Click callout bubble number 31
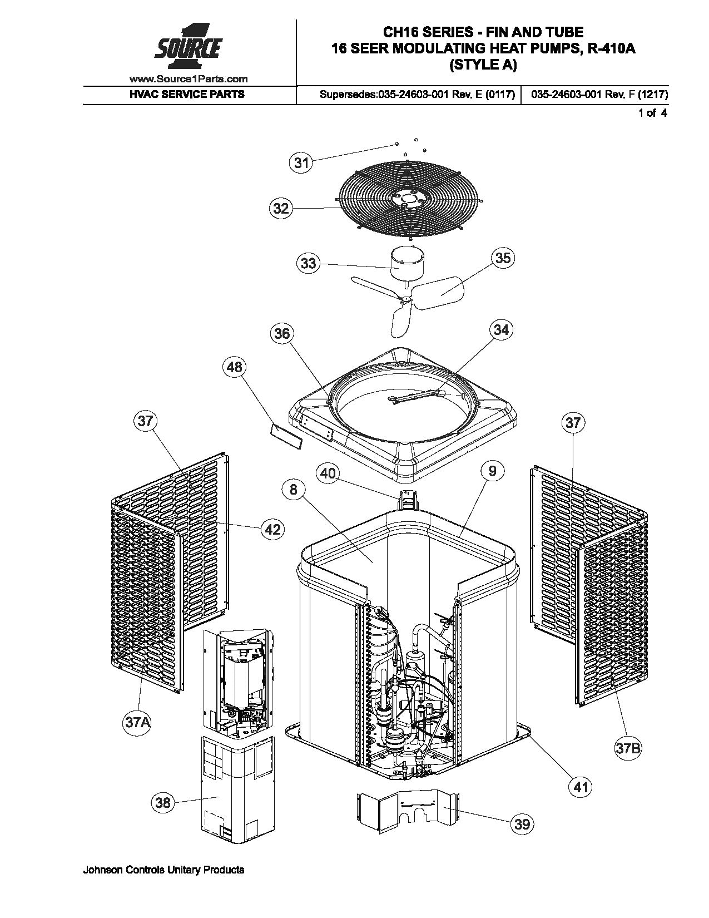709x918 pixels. point(301,163)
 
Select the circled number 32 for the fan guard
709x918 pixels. point(281,209)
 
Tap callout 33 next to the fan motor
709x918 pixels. point(308,263)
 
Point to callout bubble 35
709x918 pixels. point(502,258)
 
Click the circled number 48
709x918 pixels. point(235,367)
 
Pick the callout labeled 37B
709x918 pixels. point(628,748)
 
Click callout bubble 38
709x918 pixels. point(163,802)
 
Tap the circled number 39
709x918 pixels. point(522,823)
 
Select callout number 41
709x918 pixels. point(581,787)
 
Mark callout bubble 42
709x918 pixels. point(272,529)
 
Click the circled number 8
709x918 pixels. point(294,490)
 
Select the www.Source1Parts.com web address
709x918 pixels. point(189,79)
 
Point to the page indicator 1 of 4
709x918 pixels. point(652,113)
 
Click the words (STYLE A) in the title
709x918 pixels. point(483,65)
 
